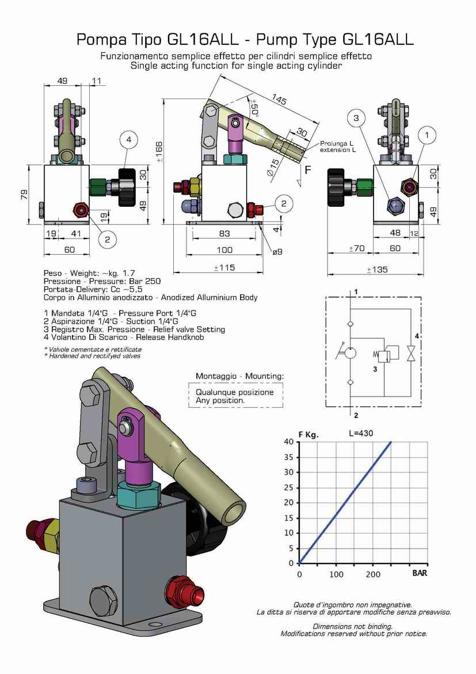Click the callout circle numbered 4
(x=129, y=139)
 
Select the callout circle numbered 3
(x=357, y=118)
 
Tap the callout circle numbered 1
(x=427, y=135)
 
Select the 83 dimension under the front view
(x=225, y=233)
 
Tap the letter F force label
(x=308, y=170)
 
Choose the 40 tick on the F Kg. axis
(x=290, y=442)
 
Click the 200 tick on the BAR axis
(x=373, y=574)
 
